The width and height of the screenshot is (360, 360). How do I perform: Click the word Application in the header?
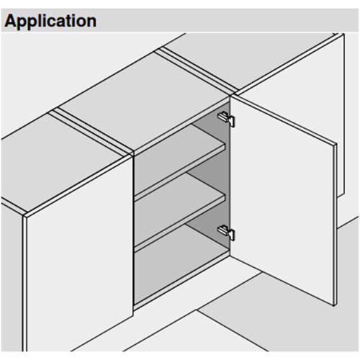(x=50, y=20)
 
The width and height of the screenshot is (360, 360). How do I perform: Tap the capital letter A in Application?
(x=11, y=20)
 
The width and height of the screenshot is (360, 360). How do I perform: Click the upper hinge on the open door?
(x=226, y=117)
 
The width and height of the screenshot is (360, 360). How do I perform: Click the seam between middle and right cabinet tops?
(x=194, y=72)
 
